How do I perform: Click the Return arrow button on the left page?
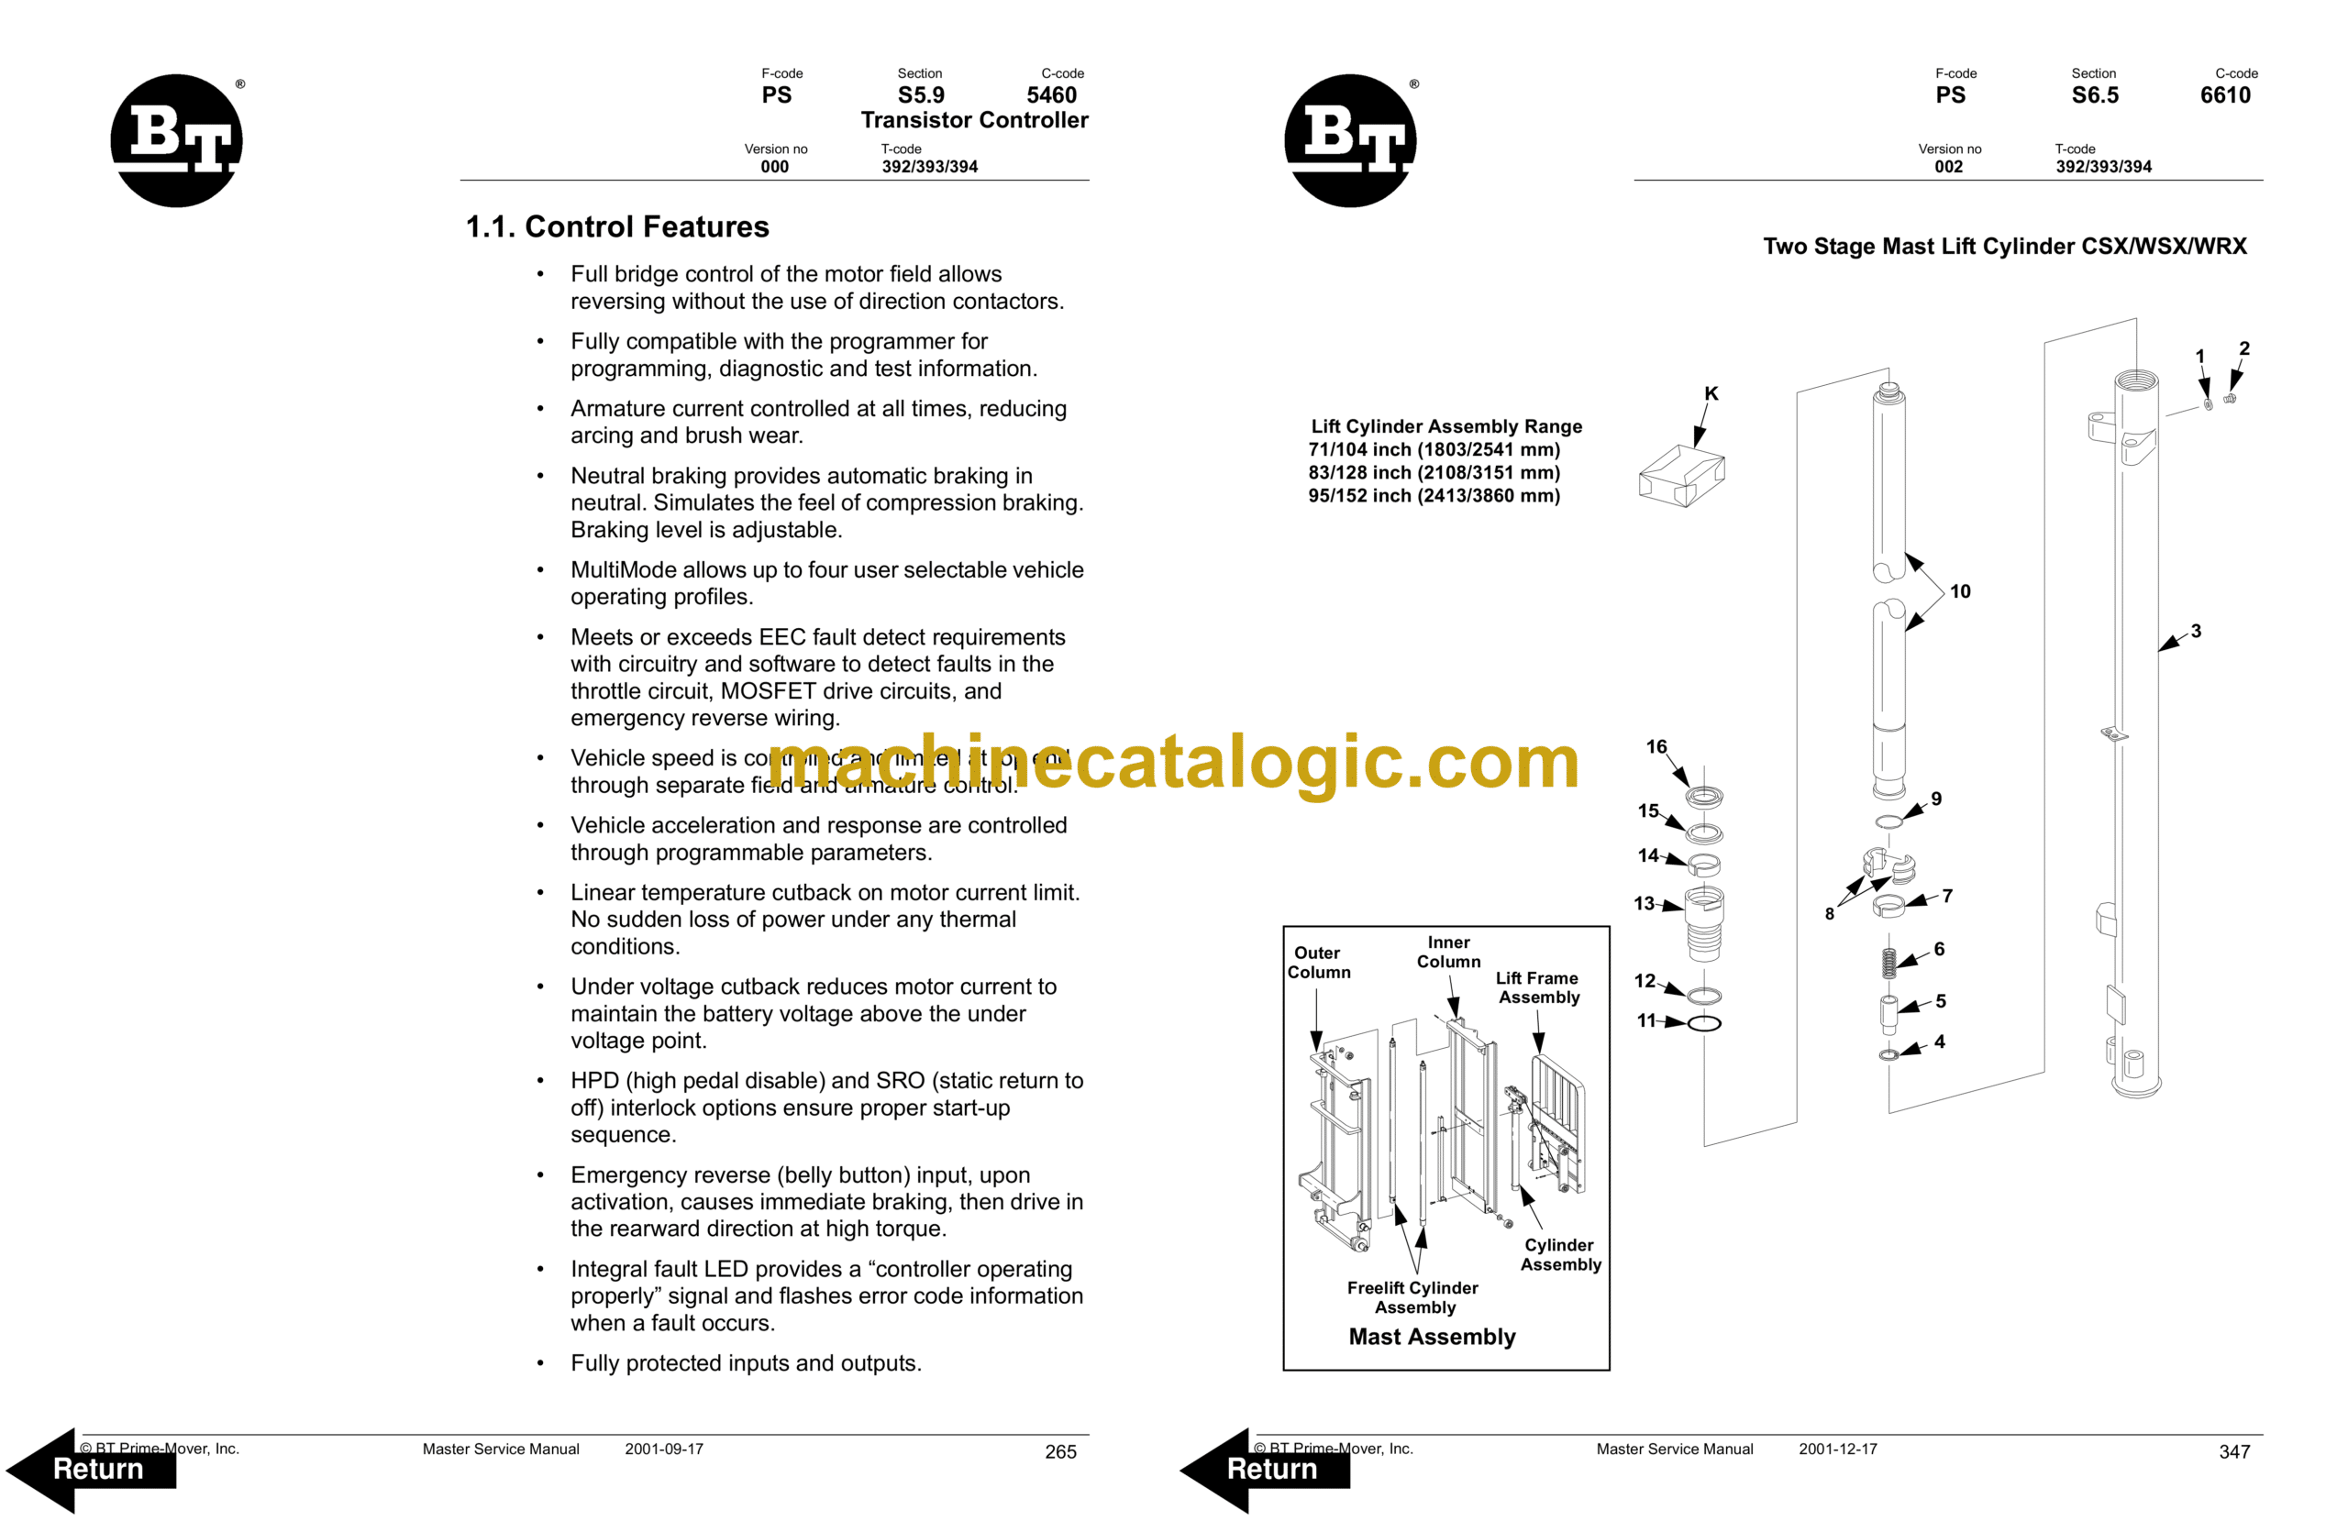coord(94,1469)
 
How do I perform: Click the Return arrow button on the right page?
coord(1268,1469)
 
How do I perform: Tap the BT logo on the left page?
coord(177,140)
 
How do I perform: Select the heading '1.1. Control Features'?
coord(617,226)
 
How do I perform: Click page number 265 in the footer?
coord(1060,1452)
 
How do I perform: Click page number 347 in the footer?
coord(2234,1452)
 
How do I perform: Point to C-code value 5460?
coord(1052,95)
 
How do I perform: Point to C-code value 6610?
coord(2226,95)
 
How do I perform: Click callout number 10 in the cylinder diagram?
coord(1960,592)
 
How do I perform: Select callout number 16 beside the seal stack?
coord(1656,746)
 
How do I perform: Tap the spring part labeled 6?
coord(1888,963)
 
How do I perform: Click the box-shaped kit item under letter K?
coord(1681,477)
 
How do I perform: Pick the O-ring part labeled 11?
coord(1705,1023)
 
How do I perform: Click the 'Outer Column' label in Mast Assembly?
coord(1318,963)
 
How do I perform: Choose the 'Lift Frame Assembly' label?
coord(1538,987)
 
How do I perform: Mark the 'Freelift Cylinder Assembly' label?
coord(1413,1297)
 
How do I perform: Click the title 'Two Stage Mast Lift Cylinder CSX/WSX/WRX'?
coord(2005,247)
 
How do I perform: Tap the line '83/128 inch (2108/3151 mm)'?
coord(1434,472)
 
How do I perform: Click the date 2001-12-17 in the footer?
coord(1838,1449)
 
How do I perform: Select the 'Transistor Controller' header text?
coord(975,120)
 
